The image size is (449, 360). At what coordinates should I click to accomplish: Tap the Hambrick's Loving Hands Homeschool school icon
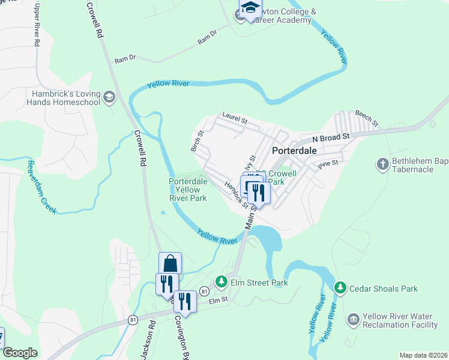click(109, 97)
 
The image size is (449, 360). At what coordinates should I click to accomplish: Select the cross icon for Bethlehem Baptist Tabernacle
click(382, 164)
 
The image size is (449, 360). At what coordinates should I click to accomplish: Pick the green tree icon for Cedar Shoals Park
click(340, 289)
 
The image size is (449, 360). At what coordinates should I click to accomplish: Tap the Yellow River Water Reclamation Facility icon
click(353, 319)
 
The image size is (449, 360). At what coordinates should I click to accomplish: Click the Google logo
click(20, 353)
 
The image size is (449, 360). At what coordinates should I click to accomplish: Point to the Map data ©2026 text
click(423, 355)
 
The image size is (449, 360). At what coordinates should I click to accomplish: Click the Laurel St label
click(235, 117)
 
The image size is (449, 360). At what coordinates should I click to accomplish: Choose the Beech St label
click(366, 118)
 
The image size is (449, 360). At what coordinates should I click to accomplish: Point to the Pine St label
click(329, 163)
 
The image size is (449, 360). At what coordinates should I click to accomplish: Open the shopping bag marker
click(170, 263)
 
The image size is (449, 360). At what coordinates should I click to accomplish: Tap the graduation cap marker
click(250, 8)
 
